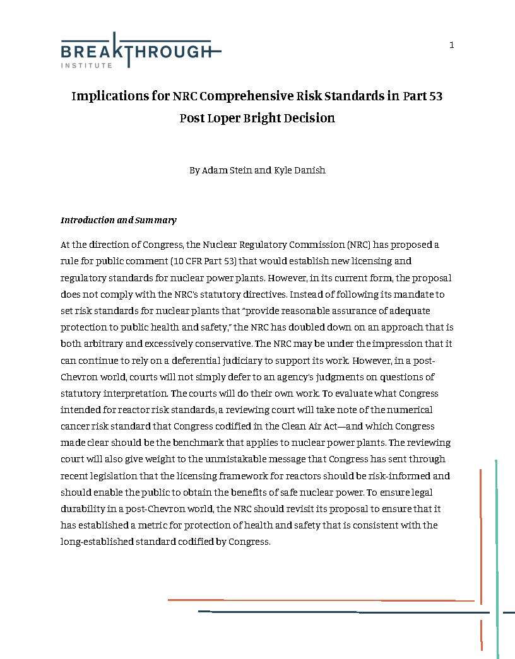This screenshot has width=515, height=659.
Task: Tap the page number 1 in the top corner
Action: point(451,45)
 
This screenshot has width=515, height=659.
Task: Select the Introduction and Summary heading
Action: point(118,220)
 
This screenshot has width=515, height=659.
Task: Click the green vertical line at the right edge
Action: point(497,555)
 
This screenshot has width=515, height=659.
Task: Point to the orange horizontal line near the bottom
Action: point(321,600)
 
